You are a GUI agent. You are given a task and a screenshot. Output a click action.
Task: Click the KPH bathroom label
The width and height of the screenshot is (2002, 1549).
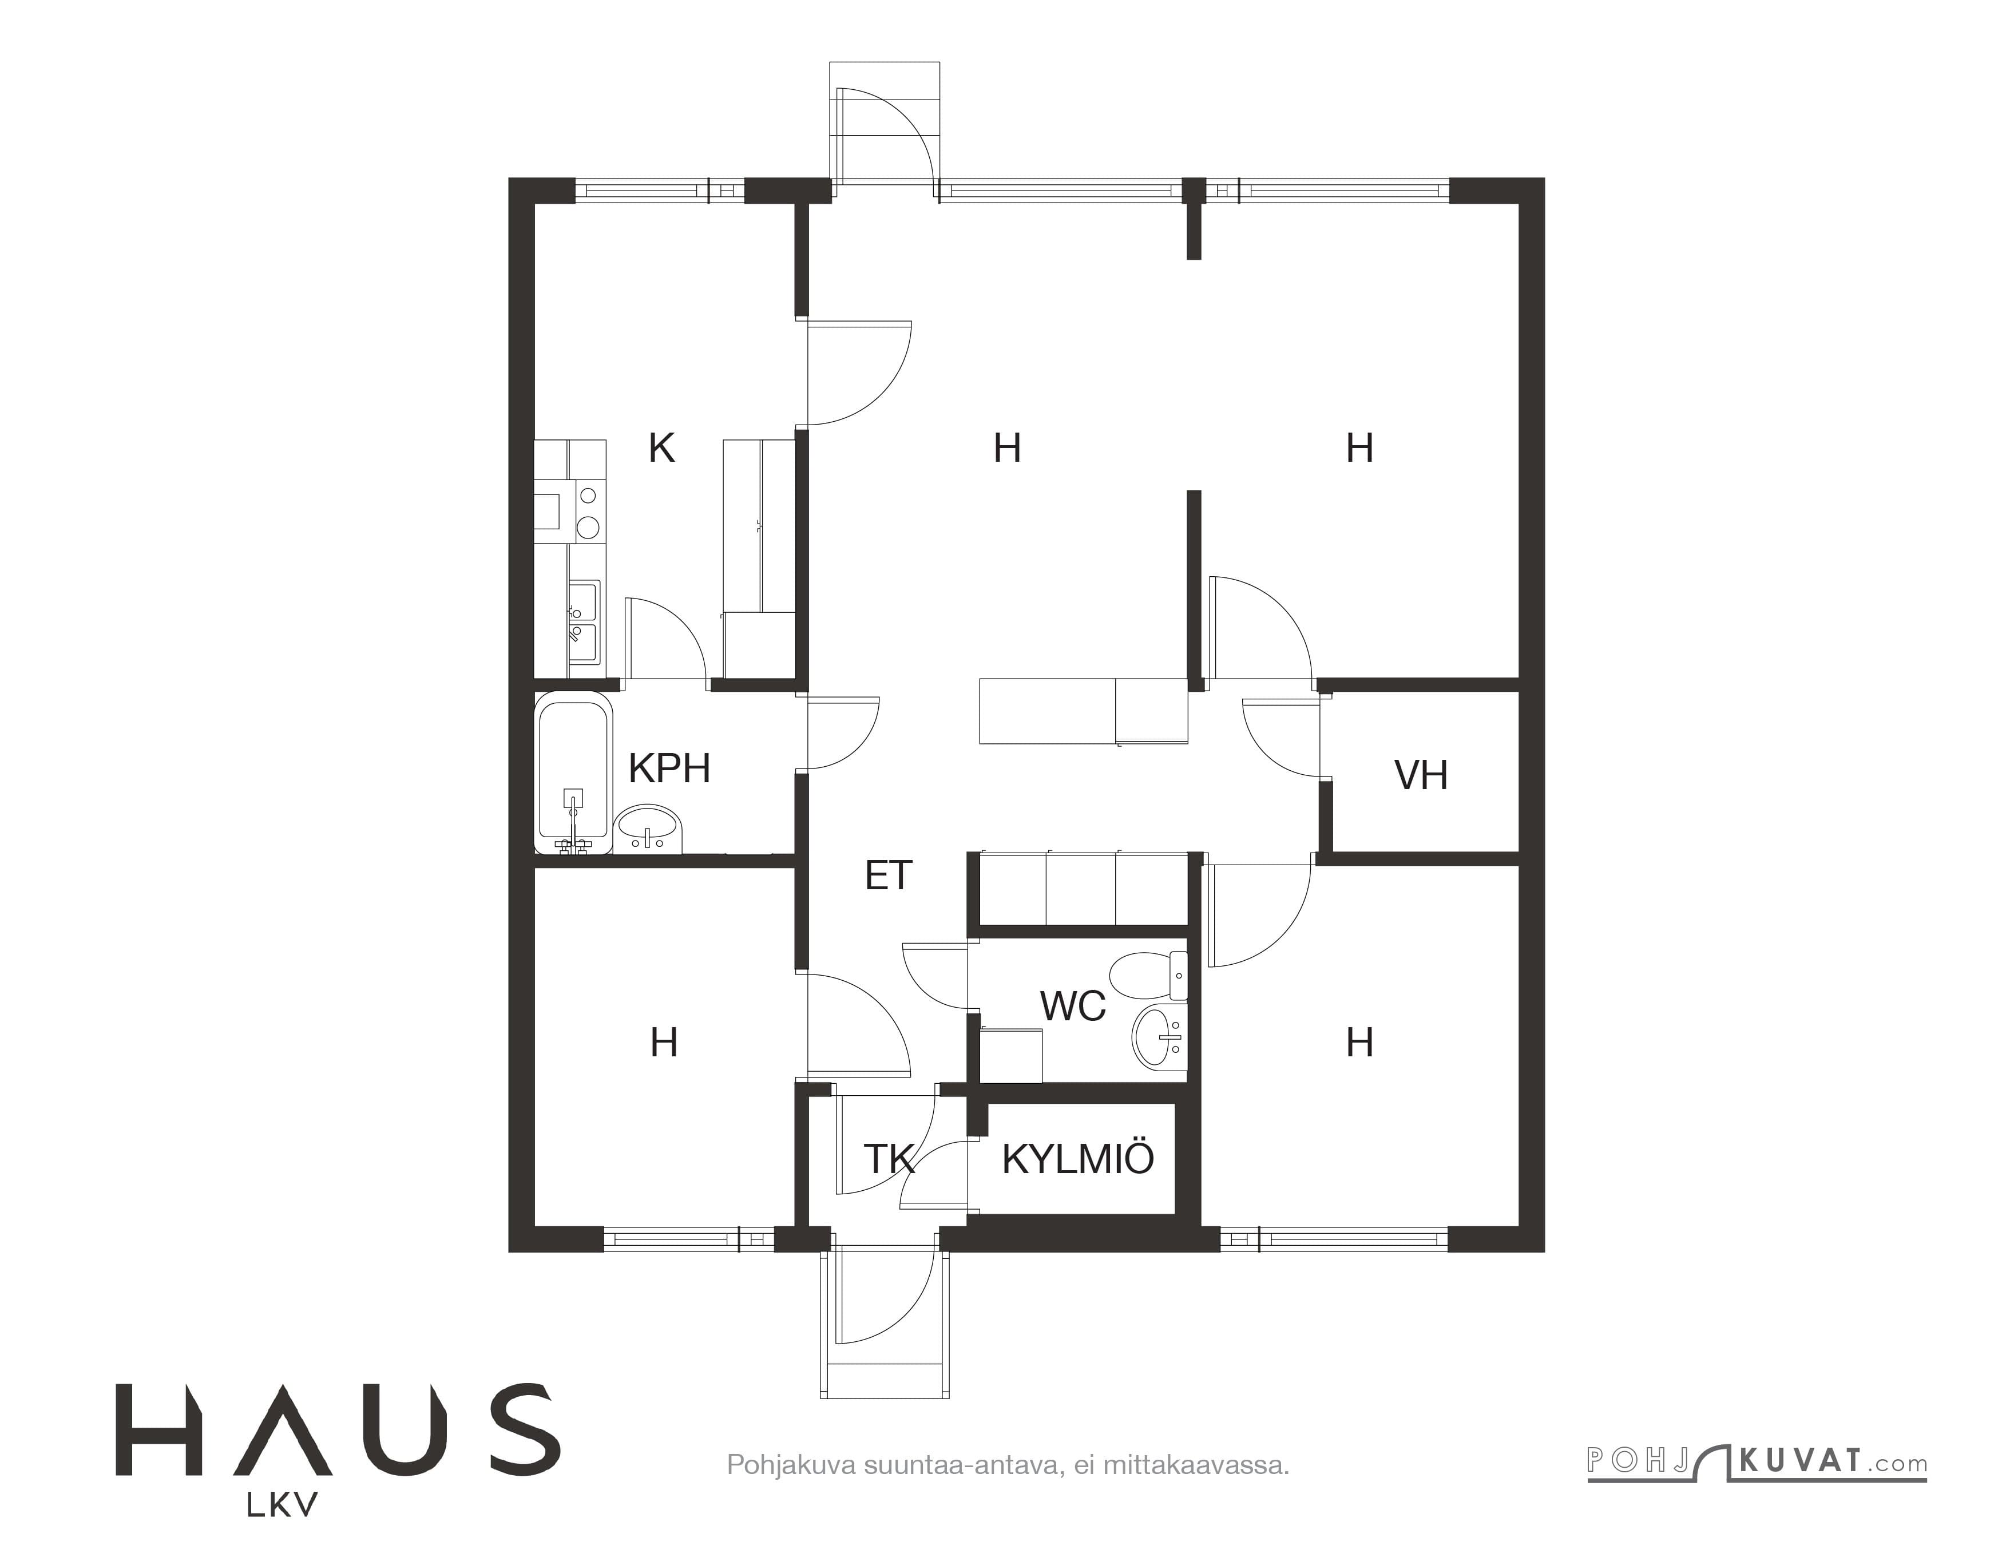click(x=669, y=768)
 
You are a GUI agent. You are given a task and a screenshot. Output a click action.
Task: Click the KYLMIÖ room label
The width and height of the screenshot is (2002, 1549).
click(x=1078, y=1159)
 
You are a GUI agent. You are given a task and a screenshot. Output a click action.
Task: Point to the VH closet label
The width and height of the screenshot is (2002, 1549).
click(x=1421, y=775)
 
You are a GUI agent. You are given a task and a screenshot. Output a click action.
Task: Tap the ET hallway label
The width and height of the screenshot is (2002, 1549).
click(x=888, y=876)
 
